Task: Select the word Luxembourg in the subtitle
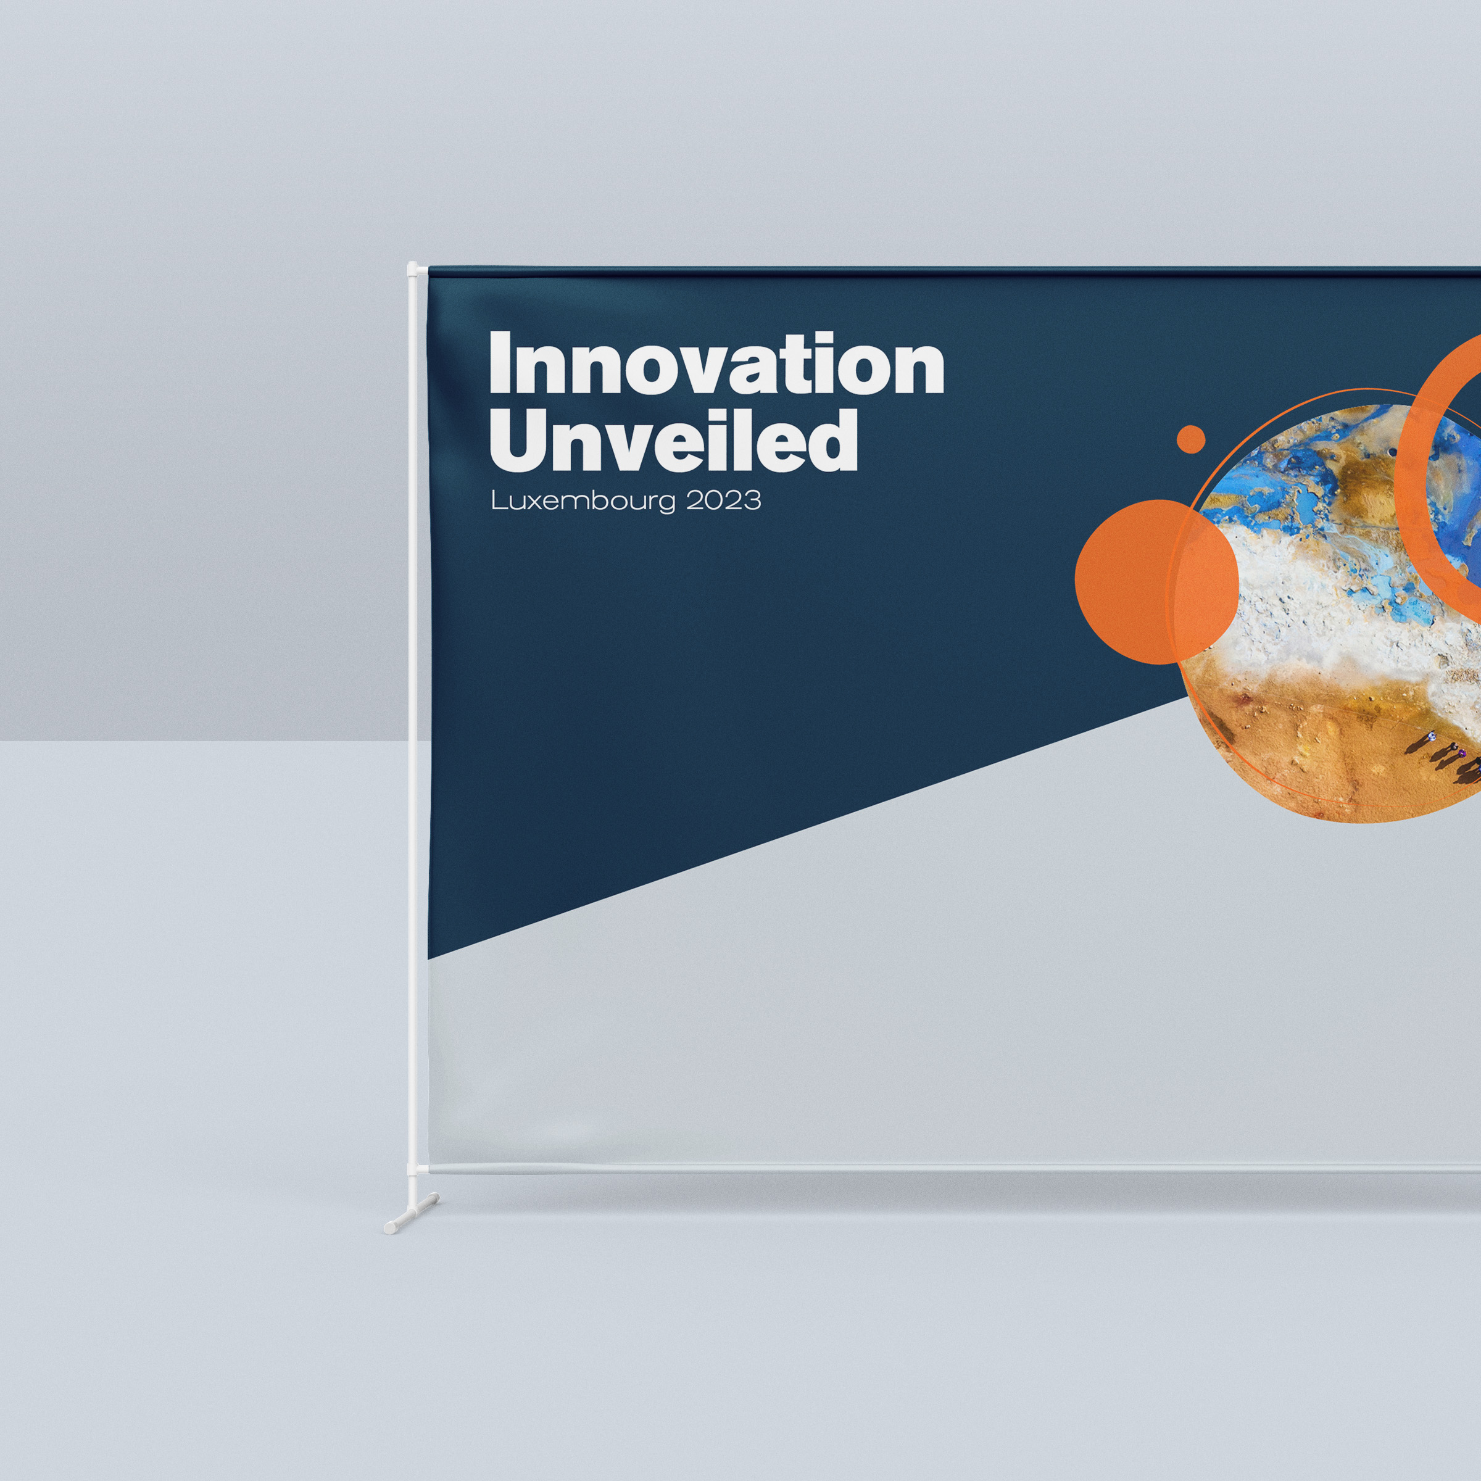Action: click(583, 501)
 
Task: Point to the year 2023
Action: click(723, 500)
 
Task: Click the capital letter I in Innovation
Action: click(500, 363)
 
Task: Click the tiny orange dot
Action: click(1190, 439)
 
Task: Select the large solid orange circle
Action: click(1156, 582)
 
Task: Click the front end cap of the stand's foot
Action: click(390, 1227)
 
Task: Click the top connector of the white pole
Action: click(414, 270)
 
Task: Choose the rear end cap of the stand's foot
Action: click(434, 1197)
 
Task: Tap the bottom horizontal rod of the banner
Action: click(955, 1169)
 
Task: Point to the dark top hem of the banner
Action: click(955, 272)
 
